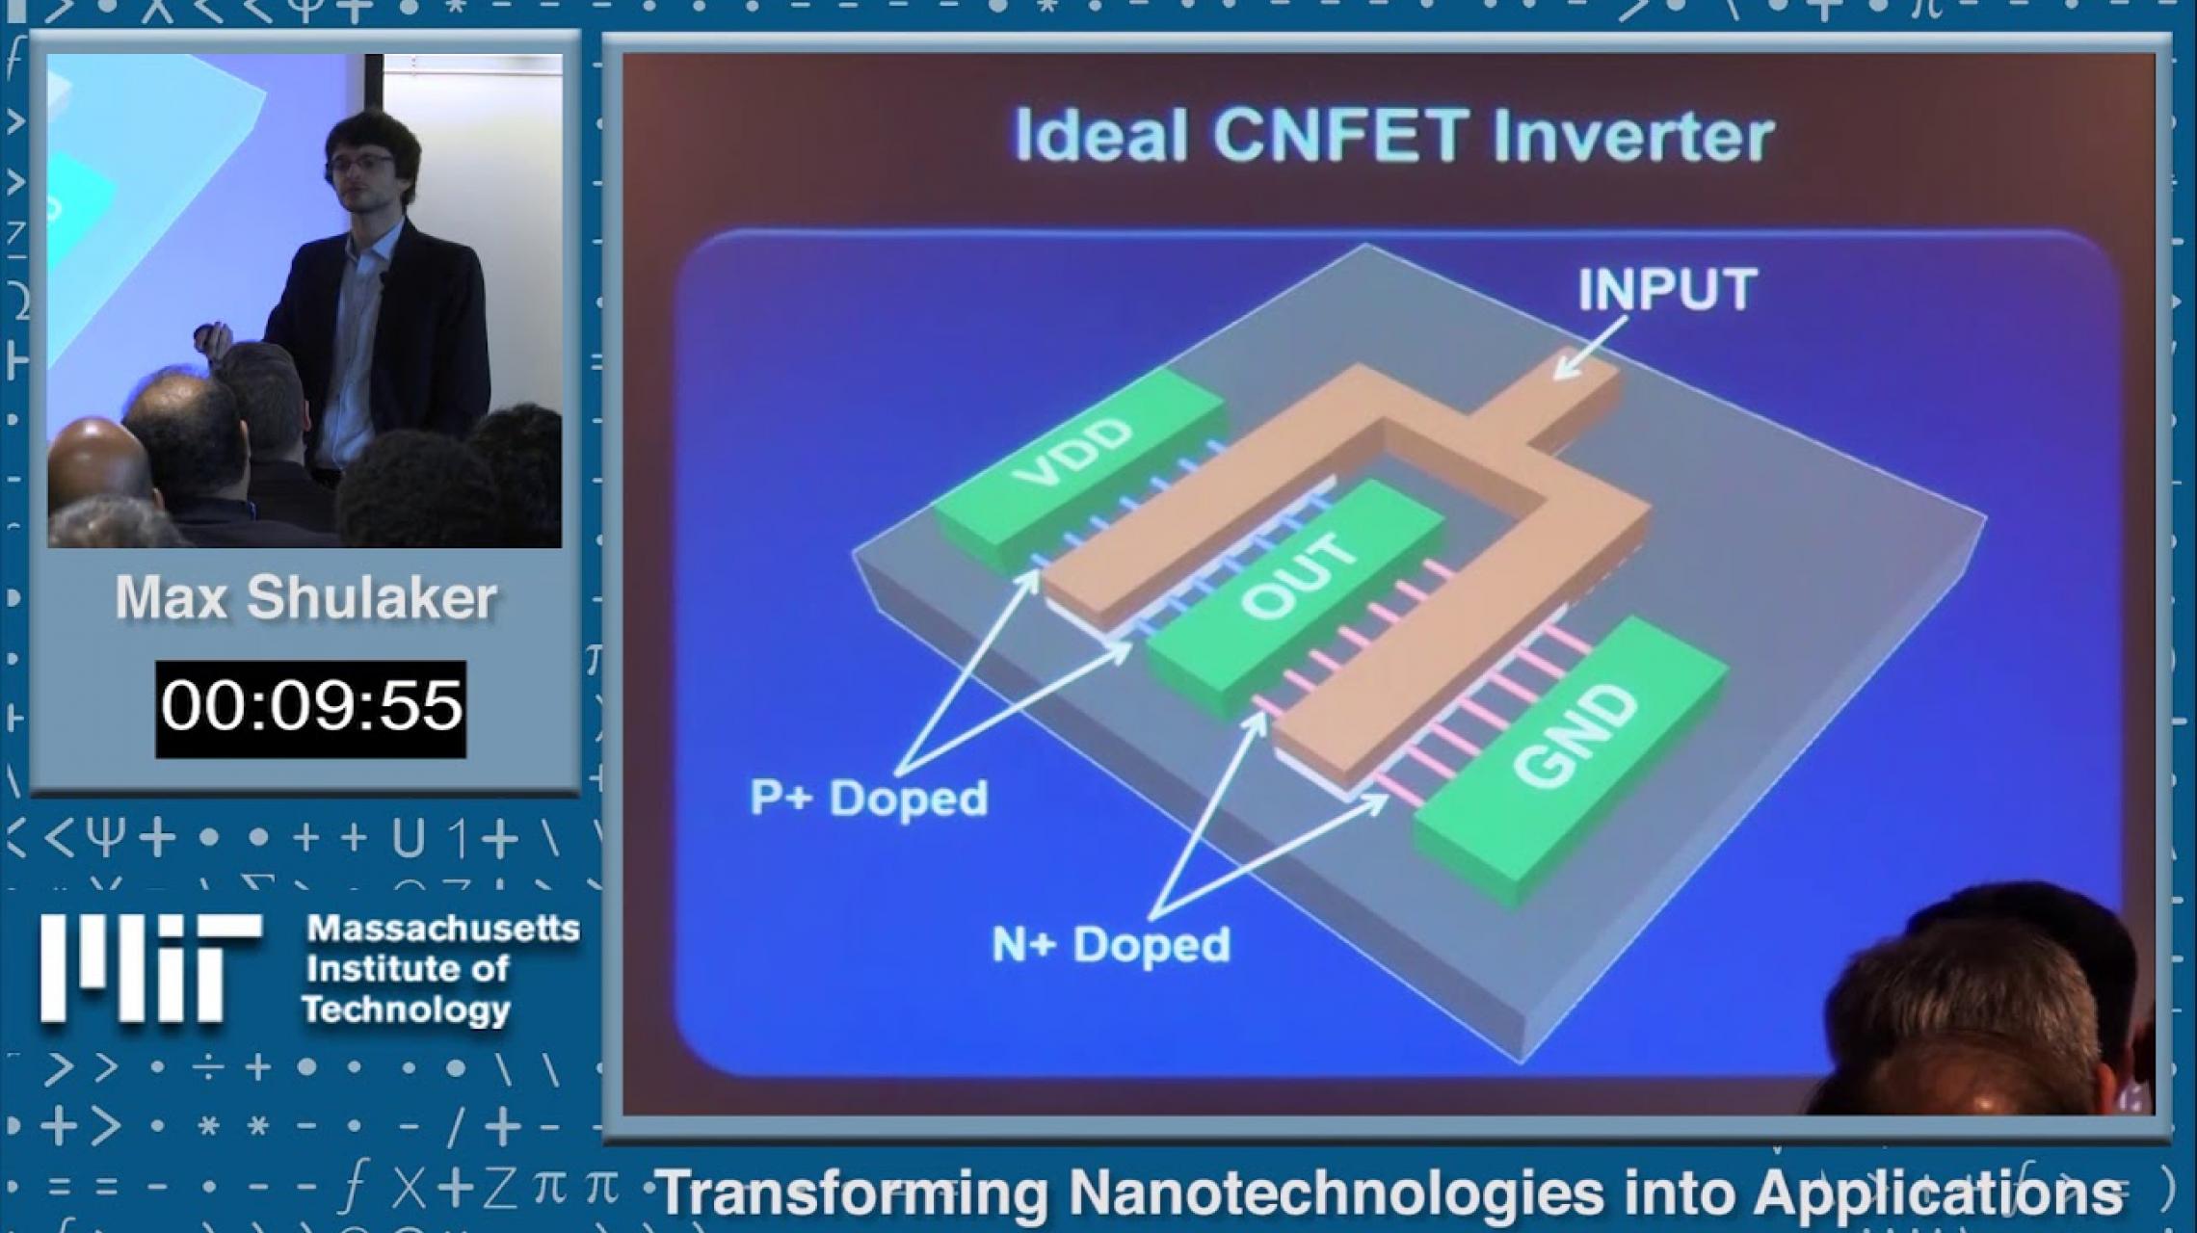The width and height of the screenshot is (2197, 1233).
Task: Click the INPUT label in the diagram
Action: coord(1667,289)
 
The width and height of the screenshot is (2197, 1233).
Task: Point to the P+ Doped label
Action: coord(869,798)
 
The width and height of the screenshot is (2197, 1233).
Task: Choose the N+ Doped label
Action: coord(1111,944)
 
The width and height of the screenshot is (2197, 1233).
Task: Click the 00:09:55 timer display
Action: coord(310,708)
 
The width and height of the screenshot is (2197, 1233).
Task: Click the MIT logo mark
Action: coord(149,968)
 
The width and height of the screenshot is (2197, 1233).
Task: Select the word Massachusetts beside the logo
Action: coord(443,929)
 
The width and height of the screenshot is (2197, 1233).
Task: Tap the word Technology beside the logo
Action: coord(406,1010)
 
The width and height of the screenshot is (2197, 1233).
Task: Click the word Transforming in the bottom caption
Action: coord(852,1194)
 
